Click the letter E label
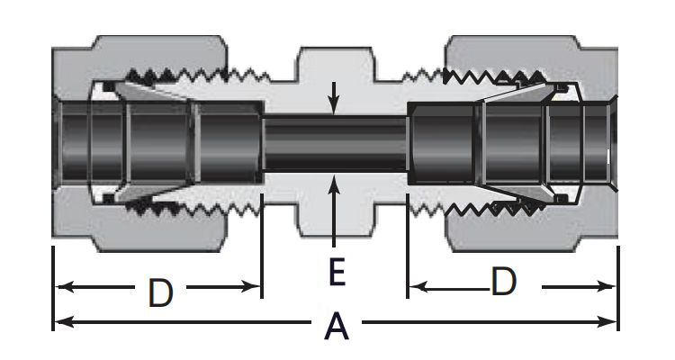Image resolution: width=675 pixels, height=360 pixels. click(x=336, y=272)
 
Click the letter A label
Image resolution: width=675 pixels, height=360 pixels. click(x=336, y=326)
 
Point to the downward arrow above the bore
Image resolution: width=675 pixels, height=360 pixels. click(x=335, y=105)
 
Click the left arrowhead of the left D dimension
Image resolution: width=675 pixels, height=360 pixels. click(x=62, y=288)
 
